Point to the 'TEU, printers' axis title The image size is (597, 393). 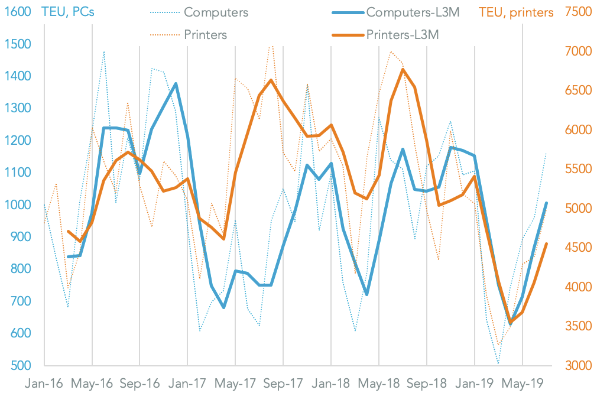[x=516, y=12]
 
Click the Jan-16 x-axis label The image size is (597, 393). [x=44, y=383]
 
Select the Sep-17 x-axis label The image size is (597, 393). [x=283, y=383]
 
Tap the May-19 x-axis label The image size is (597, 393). [x=522, y=383]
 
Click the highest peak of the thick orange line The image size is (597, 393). [x=403, y=69]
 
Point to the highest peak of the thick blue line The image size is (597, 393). [x=176, y=84]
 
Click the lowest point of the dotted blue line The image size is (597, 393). [x=498, y=364]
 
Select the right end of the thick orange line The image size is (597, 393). [x=546, y=243]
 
